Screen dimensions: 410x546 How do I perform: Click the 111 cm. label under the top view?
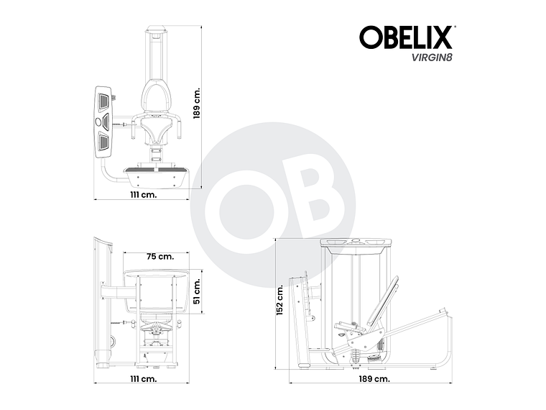click(144, 194)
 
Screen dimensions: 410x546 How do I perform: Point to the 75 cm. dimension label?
click(160, 256)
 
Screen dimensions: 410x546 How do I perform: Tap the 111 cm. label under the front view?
click(144, 377)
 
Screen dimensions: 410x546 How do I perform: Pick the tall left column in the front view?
click(101, 302)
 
